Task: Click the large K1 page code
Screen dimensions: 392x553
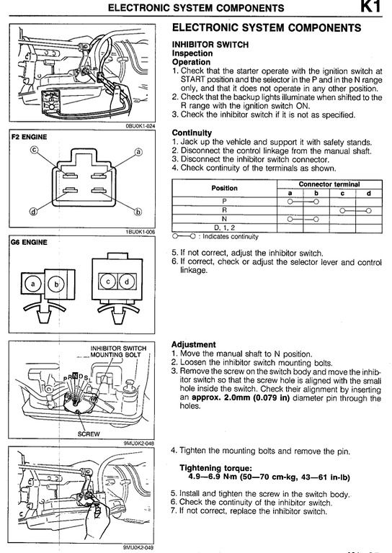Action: click(371, 6)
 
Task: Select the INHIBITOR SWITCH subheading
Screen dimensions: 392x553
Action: click(210, 45)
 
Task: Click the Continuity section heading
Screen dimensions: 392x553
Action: click(192, 133)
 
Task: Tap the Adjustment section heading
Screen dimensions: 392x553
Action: click(193, 345)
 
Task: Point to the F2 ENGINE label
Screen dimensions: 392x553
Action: click(30, 137)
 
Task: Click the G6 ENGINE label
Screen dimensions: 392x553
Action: click(30, 242)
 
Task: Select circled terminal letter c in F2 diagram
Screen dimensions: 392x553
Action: click(34, 150)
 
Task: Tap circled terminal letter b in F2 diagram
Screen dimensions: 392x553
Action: click(138, 212)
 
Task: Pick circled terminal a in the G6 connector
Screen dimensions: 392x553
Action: click(33, 284)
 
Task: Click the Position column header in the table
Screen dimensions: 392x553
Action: click(224, 188)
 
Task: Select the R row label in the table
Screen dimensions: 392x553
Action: click(224, 210)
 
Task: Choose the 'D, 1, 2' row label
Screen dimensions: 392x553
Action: click(224, 228)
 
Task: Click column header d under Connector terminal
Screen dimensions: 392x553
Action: click(369, 193)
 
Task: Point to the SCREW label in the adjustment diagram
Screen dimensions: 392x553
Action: click(89, 434)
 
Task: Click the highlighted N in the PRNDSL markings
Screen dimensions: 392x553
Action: click(75, 375)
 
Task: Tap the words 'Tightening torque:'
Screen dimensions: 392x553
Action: click(216, 468)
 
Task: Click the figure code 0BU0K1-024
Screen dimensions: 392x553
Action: click(141, 125)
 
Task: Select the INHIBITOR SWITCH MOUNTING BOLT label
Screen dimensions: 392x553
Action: click(118, 351)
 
